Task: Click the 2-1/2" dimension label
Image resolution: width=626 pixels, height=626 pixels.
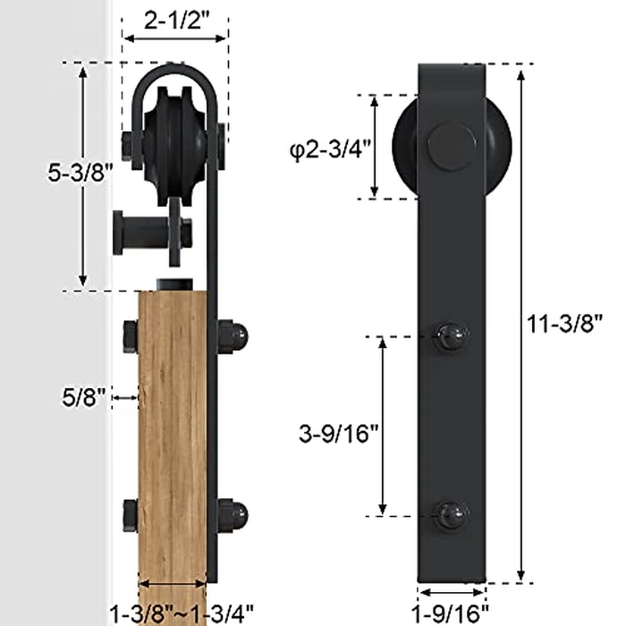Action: (175, 19)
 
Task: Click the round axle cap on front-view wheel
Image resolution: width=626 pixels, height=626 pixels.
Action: (450, 146)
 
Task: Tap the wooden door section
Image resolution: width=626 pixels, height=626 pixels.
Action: (173, 429)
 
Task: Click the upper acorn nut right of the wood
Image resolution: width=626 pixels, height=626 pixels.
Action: (233, 337)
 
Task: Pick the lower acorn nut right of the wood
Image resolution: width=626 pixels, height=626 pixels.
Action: (233, 516)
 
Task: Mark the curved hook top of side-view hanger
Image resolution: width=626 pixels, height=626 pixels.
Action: (175, 72)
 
